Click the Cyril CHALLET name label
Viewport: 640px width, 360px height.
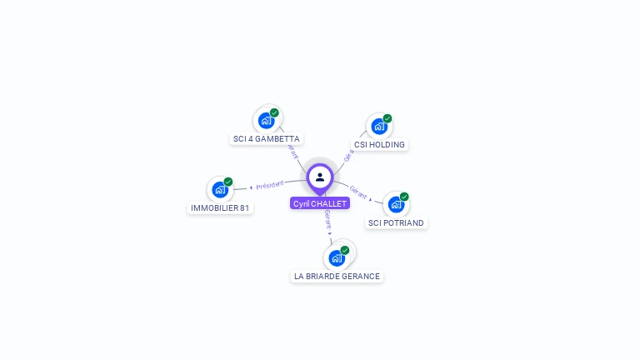point(320,203)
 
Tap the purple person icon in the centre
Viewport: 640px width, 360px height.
point(320,177)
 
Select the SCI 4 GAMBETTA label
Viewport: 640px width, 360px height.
point(267,139)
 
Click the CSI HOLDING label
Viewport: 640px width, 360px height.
point(379,144)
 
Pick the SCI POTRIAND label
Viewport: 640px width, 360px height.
point(396,222)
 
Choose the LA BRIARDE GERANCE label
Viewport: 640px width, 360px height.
point(337,276)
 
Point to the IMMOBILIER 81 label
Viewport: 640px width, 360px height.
point(220,207)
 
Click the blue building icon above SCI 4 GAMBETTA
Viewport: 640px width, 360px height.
point(266,121)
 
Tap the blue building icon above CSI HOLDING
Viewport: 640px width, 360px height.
point(379,127)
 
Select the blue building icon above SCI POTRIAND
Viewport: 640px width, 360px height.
point(396,205)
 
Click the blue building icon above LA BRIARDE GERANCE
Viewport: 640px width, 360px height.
point(336,257)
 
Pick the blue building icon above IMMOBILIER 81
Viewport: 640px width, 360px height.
point(219,190)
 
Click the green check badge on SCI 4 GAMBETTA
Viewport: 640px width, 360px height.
point(274,112)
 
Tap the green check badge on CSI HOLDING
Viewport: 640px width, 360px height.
point(387,118)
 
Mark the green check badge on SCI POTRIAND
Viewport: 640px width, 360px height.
point(404,197)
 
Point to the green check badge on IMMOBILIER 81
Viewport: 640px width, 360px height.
point(227,182)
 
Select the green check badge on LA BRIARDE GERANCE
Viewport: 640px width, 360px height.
point(344,250)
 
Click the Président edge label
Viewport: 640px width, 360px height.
point(270,185)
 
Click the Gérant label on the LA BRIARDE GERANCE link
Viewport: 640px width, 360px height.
point(328,221)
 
